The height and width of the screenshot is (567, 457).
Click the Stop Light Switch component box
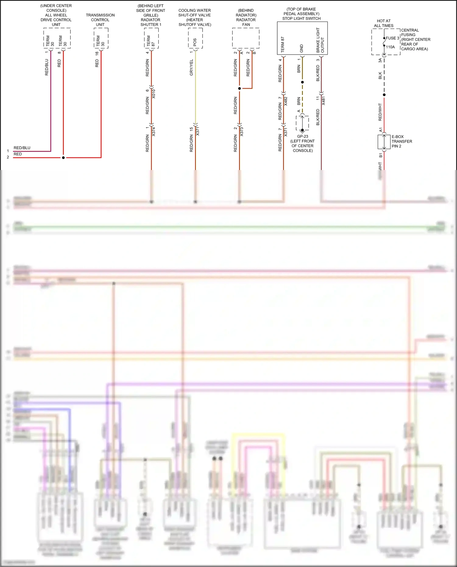tap(302, 38)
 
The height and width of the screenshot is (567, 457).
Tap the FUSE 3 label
tap(392, 38)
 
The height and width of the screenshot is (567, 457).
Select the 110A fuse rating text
tap(390, 47)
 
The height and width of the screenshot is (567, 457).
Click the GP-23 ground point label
tap(303, 136)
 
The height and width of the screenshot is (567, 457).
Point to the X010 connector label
tap(154, 94)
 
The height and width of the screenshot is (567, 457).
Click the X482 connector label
tap(286, 101)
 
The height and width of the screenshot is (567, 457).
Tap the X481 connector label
tap(324, 101)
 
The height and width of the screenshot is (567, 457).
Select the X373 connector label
tap(242, 131)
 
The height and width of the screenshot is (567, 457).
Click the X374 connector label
tap(154, 131)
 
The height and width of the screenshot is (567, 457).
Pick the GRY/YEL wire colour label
tap(191, 67)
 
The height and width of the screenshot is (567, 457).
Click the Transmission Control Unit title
tap(100, 20)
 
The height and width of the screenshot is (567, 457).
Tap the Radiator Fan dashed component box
tap(246, 38)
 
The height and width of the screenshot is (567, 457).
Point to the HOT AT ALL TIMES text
tap(384, 23)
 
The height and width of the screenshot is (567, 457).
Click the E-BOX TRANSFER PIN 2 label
tap(402, 141)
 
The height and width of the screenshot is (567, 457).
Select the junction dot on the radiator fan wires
tap(239, 88)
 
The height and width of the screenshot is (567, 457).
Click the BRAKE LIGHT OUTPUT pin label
tap(320, 41)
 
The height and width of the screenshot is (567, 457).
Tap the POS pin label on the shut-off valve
tap(195, 42)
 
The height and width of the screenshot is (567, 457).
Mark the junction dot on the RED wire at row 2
tap(63, 158)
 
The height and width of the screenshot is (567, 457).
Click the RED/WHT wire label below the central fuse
tap(380, 112)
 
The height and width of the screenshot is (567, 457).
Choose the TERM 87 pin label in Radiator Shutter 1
tap(151, 41)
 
